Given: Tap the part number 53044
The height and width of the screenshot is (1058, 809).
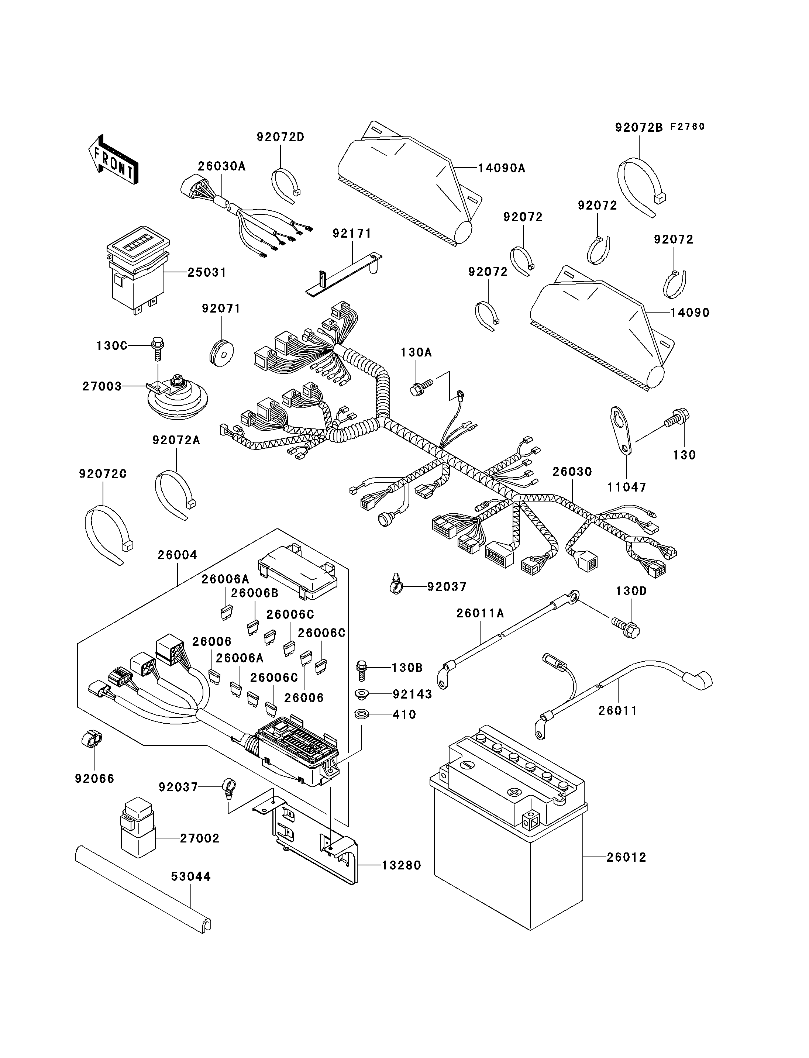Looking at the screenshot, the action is pyautogui.click(x=191, y=877).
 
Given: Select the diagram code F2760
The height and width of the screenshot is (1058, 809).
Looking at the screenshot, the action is pyautogui.click(x=688, y=127).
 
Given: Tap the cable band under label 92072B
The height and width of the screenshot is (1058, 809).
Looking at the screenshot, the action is pyautogui.click(x=641, y=187).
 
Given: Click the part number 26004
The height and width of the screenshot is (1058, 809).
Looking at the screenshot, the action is pyautogui.click(x=177, y=555).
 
